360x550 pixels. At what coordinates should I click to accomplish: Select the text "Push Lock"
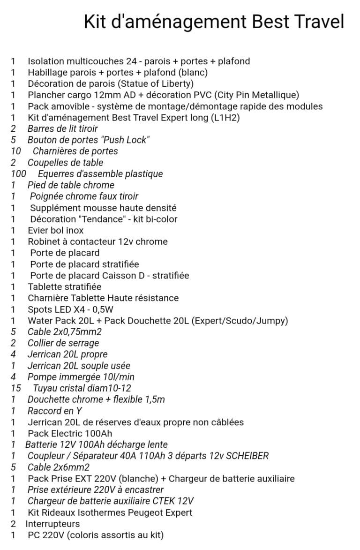point(121,140)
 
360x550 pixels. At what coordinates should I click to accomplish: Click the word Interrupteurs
point(52,524)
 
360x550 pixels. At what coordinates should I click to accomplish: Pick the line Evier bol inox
point(56,230)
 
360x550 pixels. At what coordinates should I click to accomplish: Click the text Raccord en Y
point(55,411)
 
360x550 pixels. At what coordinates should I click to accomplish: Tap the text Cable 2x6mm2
point(59,467)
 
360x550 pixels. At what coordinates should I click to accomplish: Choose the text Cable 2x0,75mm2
point(65,332)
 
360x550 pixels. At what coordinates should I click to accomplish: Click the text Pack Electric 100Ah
point(70,433)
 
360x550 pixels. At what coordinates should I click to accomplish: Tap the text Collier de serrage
point(63,343)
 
